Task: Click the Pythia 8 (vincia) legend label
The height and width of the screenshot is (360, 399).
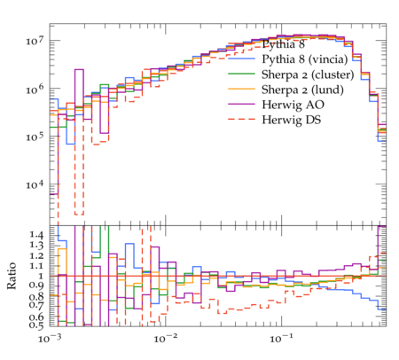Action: click(305, 59)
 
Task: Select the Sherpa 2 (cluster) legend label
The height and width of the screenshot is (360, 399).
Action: click(308, 74)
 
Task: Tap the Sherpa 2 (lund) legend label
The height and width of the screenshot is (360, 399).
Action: click(302, 90)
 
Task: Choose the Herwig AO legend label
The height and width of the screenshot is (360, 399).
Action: click(293, 105)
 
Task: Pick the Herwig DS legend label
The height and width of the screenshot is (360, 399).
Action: click(292, 120)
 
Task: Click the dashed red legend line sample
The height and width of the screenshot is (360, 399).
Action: click(241, 119)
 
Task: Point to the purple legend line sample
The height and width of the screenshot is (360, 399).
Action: click(241, 104)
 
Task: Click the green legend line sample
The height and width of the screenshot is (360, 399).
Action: click(241, 74)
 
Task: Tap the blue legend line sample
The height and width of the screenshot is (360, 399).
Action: click(241, 59)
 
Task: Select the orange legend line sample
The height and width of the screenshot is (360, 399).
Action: click(241, 89)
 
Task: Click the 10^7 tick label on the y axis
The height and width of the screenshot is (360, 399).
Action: click(35, 40)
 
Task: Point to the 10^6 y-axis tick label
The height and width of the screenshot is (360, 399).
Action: click(35, 89)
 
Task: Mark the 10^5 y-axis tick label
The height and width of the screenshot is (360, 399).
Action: click(35, 137)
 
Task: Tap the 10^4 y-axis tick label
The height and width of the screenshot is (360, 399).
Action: click(35, 184)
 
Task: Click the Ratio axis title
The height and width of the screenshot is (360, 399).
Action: click(12, 276)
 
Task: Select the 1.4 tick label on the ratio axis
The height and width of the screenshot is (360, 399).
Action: click(36, 236)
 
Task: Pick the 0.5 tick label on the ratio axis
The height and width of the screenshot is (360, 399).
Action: click(36, 325)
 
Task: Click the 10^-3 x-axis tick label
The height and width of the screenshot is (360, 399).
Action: click(50, 339)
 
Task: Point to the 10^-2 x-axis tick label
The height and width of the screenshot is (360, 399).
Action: click(166, 339)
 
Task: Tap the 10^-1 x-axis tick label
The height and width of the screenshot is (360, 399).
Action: click(281, 339)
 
